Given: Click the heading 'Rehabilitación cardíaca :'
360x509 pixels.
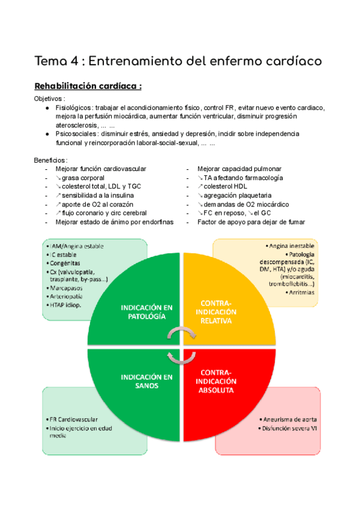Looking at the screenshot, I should tap(88, 86).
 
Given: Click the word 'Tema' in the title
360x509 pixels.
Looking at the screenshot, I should tap(50, 61).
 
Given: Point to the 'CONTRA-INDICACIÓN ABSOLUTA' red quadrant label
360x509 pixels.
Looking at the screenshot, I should tap(218, 381).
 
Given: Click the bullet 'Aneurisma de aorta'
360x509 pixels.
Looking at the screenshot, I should tap(289, 419).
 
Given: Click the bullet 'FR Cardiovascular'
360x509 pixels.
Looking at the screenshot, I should tap(74, 419).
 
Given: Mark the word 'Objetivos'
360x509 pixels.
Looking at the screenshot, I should tap(49, 98).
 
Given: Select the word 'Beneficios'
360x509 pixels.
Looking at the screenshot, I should tap(50, 160).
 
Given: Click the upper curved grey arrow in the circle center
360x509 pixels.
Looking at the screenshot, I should tap(180, 333).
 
